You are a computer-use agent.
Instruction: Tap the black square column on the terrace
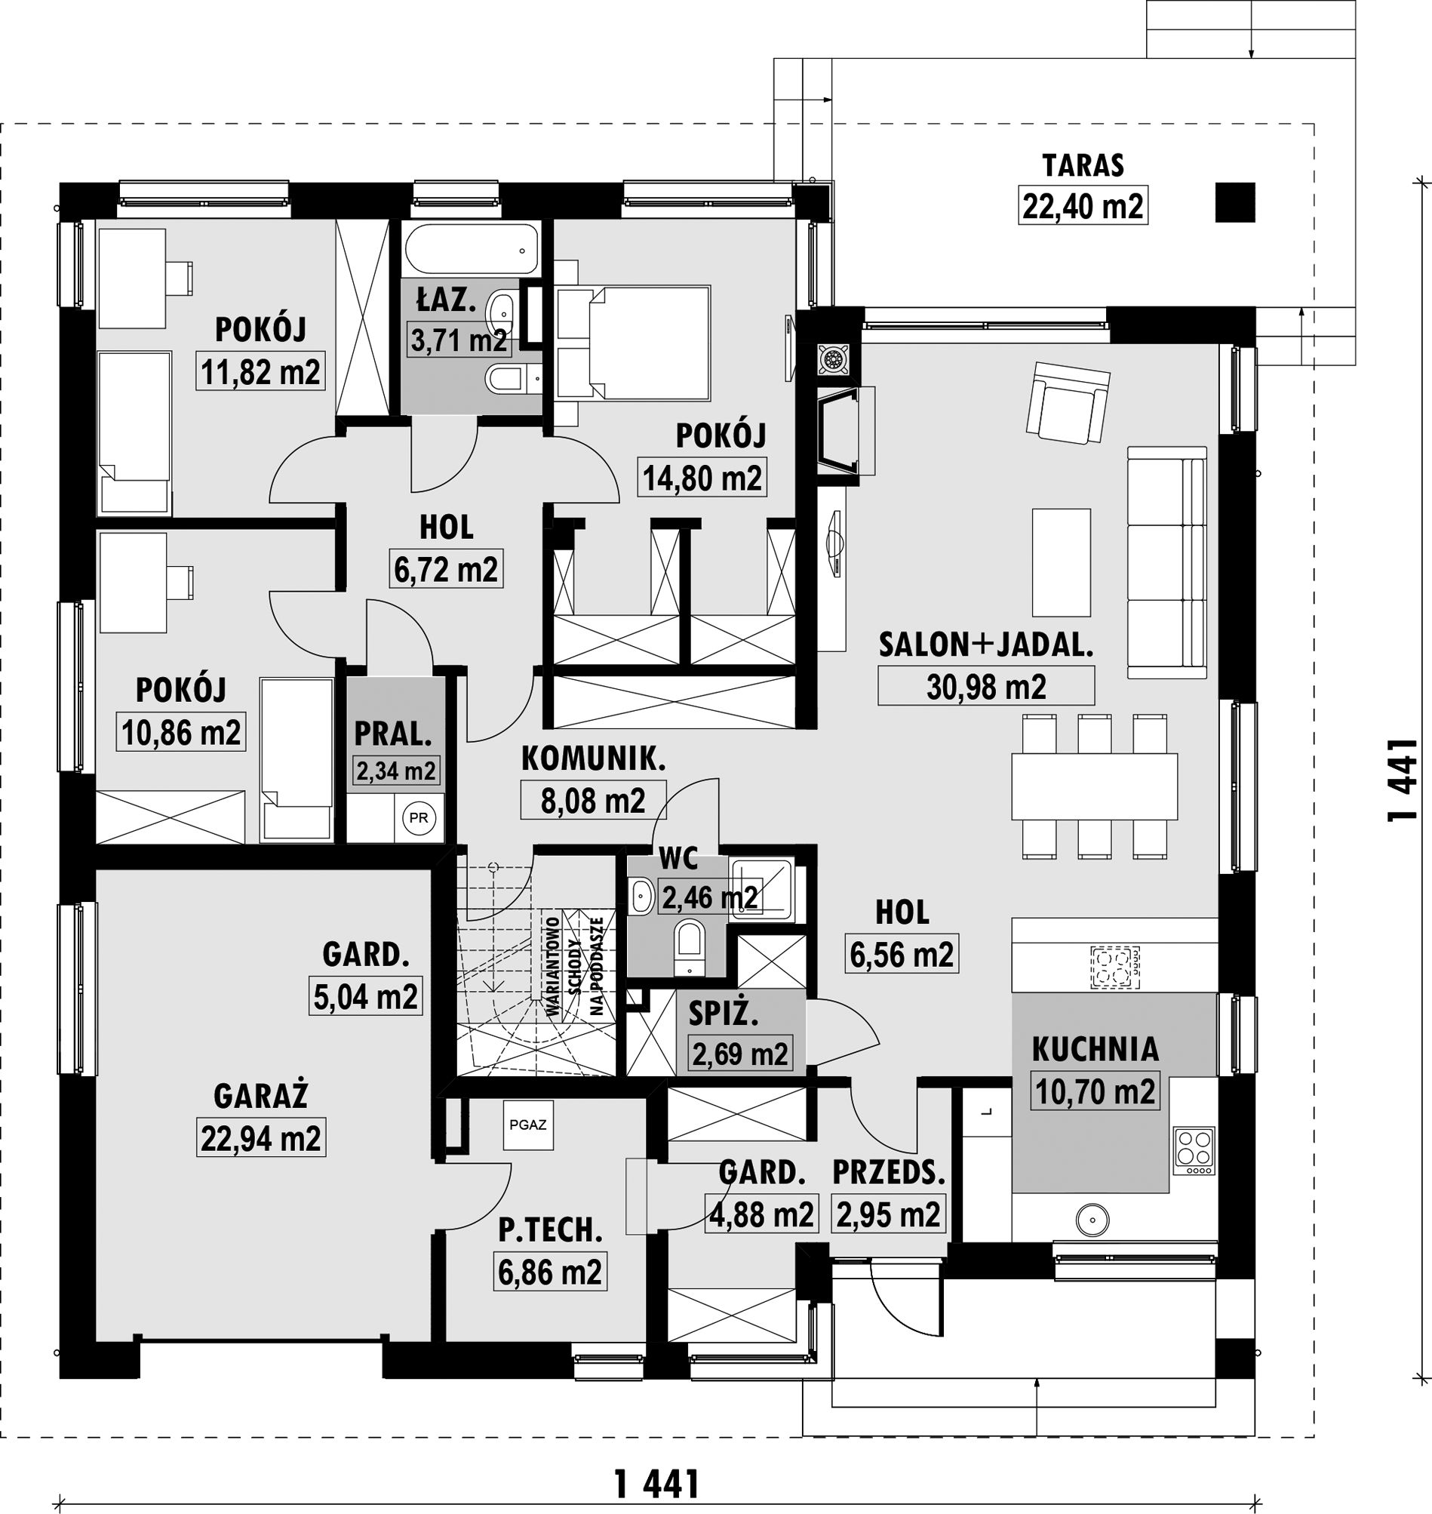[x=1235, y=202]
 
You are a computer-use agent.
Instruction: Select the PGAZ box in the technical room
[x=528, y=1125]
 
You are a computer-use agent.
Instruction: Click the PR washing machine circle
[x=418, y=817]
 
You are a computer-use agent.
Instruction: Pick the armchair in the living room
[x=1068, y=402]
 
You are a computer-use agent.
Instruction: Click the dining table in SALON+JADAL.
[x=1094, y=786]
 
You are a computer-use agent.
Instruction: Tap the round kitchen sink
[x=1094, y=1220]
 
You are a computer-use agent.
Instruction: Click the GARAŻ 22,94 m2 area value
[x=261, y=1138]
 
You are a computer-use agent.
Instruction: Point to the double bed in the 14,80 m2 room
[x=633, y=343]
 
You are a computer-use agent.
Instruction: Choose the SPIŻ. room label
[x=723, y=1014]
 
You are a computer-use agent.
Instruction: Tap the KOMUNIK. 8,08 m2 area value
[x=593, y=800]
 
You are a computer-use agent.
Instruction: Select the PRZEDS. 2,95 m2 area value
[x=889, y=1214]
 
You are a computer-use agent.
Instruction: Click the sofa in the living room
[x=1167, y=562]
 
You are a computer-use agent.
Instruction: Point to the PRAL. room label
[x=393, y=734]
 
